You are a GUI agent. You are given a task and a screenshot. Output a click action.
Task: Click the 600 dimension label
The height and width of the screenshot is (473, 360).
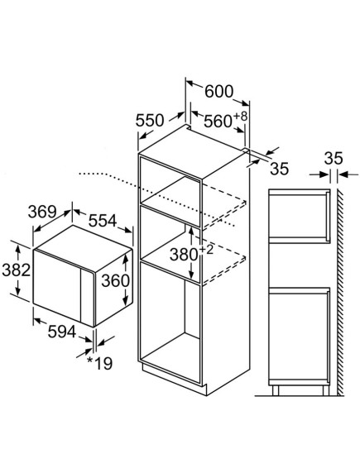(x=219, y=92)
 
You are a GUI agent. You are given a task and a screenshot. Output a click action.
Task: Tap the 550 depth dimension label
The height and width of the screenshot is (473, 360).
(x=150, y=121)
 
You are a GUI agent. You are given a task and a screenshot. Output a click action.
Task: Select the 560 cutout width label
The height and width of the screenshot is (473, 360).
(x=218, y=122)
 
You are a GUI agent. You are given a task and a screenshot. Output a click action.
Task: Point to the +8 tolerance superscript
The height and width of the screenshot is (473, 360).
(x=240, y=116)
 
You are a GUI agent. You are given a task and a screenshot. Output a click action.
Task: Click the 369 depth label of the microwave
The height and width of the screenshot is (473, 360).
(x=42, y=212)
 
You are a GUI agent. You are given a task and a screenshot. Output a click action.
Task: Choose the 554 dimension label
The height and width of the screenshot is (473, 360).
(x=103, y=221)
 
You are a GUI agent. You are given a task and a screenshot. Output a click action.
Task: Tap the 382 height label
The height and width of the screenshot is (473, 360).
(x=17, y=270)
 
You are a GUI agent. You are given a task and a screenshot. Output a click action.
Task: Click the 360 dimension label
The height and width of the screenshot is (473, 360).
(x=115, y=281)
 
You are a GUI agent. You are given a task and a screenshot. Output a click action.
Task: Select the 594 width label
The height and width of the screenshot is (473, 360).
(x=62, y=332)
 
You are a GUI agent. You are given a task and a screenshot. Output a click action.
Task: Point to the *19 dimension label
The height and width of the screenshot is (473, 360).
(x=99, y=364)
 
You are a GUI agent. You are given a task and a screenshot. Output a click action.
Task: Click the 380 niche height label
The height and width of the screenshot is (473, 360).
(x=184, y=255)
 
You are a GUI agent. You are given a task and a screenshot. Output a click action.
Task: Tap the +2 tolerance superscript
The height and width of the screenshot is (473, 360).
(x=206, y=250)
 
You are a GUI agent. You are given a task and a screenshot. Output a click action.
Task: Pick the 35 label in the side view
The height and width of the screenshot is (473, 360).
(x=334, y=159)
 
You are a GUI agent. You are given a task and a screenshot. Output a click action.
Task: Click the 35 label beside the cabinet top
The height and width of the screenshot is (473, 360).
(x=280, y=169)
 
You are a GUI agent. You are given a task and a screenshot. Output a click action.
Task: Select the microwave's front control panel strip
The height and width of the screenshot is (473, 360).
(x=87, y=297)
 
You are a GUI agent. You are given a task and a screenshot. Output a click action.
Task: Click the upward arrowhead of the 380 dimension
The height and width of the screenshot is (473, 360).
(x=191, y=231)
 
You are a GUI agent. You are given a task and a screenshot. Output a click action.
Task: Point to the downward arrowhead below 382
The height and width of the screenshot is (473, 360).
(x=18, y=291)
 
